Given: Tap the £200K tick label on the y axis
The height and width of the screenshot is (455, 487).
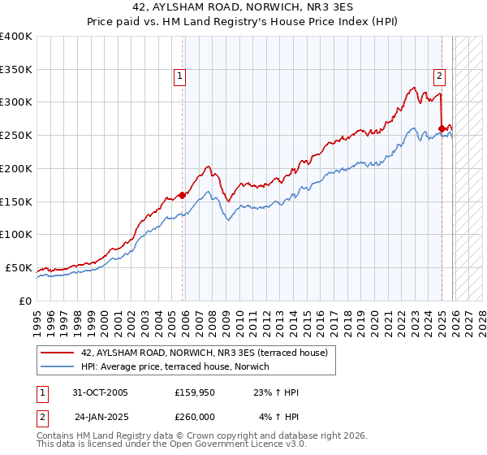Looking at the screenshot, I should point(16,168).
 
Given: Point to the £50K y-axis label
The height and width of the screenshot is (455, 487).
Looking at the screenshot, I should point(19,267).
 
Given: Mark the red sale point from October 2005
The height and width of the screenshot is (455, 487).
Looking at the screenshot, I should point(183,195).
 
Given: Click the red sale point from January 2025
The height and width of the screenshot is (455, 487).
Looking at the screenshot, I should point(442,128).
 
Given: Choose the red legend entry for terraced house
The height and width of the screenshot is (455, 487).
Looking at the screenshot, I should point(204,353).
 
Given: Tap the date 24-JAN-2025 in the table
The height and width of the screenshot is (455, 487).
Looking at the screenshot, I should point(102,417).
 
